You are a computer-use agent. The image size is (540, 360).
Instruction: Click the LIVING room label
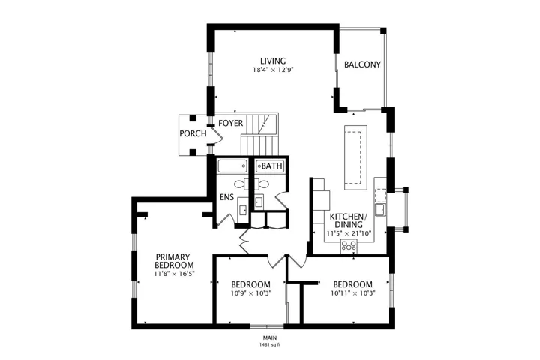273,61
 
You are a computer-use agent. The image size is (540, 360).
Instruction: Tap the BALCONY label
362,64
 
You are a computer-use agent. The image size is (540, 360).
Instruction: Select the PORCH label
193,133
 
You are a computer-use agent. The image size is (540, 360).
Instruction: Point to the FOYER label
230,123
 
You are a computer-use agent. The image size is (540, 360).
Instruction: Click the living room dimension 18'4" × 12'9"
273,70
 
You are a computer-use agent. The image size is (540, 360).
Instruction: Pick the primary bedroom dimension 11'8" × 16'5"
174,274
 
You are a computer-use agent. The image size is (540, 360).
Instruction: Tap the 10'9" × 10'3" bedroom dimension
250,293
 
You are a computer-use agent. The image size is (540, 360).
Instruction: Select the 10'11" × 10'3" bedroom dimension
352,293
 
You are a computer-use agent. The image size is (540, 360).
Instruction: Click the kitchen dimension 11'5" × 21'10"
349,233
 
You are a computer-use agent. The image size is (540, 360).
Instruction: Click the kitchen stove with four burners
349,246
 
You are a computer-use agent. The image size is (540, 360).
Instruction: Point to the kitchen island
355,157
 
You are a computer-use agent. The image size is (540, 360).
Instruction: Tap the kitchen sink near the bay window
380,209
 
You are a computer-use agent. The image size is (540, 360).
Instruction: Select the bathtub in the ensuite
232,166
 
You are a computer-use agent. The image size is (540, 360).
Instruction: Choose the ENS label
227,197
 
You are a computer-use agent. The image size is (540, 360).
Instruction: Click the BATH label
271,166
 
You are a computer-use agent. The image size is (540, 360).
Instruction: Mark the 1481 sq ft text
270,344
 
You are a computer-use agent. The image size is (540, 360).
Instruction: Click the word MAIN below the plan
270,338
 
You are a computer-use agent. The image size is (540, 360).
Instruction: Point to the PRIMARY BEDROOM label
174,261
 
